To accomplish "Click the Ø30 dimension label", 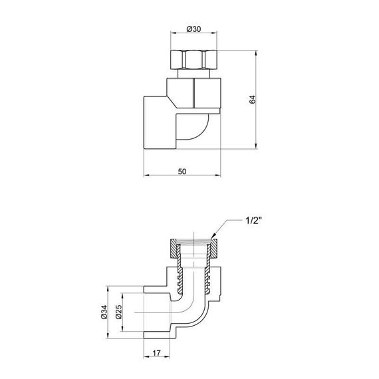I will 193,29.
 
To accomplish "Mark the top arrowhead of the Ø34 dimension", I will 106,291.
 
